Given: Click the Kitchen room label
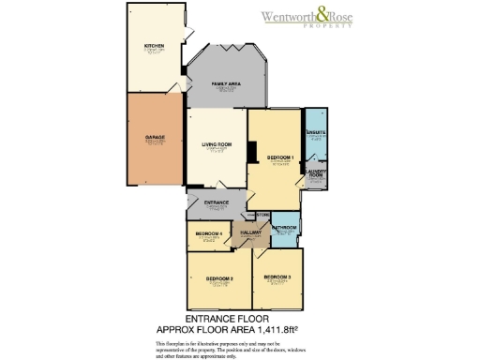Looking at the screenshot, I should click(155, 46).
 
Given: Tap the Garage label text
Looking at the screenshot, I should click(155, 137).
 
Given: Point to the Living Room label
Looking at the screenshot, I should click(216, 143).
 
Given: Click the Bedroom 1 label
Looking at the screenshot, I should click(280, 157).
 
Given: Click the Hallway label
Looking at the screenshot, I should click(250, 232).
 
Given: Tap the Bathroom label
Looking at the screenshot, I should click(285, 228).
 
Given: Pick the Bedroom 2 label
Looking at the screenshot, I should click(219, 278).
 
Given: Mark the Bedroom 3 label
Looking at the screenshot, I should click(277, 277).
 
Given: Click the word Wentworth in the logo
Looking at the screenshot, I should click(291, 16).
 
